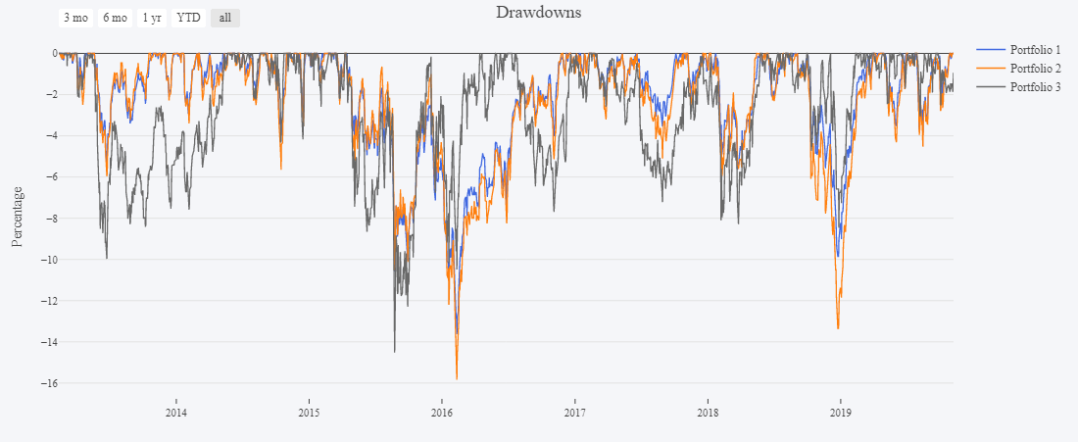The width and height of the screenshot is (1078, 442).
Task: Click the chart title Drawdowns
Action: pos(538,13)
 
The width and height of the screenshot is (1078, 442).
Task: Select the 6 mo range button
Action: pos(115,18)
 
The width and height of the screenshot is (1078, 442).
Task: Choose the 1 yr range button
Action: pos(151,18)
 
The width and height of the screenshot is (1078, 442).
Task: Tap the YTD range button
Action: pos(188,18)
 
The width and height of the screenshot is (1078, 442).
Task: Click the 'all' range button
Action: pos(224,18)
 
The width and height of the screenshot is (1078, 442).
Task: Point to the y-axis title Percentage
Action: pos(17,216)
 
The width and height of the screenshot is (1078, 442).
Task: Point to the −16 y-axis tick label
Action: pos(41,383)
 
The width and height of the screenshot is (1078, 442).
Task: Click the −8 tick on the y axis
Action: pos(44,219)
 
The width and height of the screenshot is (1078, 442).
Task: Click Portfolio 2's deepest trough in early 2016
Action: pos(457,378)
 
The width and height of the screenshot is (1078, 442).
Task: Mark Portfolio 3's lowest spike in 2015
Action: pos(395,351)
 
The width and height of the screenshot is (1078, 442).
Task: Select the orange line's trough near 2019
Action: pos(838,327)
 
